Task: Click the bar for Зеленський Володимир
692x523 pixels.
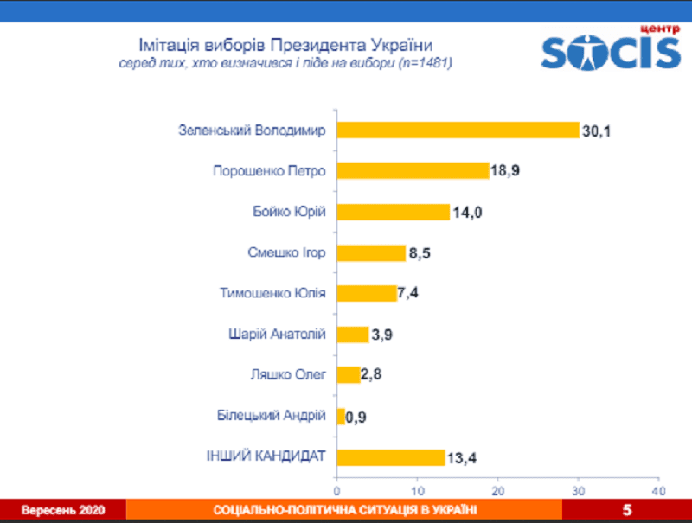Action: [x=458, y=131]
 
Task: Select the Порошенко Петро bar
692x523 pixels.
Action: [x=413, y=171]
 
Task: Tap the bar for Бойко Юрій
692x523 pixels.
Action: [x=393, y=212]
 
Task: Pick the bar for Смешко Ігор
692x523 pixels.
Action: [x=371, y=252]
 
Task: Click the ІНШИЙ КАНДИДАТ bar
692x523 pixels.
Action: [x=390, y=457]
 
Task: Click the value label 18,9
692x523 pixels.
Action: [x=506, y=171]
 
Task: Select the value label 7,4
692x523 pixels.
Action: [x=410, y=293]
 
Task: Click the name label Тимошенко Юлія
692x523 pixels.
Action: [x=273, y=293]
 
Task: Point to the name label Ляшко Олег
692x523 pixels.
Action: [x=287, y=375]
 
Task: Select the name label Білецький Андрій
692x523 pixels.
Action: [x=272, y=416]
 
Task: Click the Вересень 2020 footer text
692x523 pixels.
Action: [x=63, y=511]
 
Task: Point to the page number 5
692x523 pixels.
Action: [x=627, y=511]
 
